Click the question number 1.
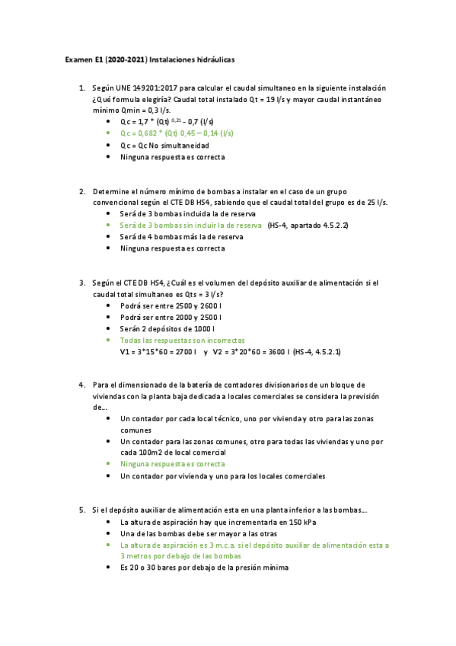82,88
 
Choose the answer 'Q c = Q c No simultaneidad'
164,145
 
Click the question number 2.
82,190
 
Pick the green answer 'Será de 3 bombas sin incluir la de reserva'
190,225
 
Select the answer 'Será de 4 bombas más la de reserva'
181,237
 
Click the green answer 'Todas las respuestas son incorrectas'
183,341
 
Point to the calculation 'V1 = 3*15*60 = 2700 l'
158,352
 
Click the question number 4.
82,385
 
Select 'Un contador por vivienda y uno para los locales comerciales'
222,476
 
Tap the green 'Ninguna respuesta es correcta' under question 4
172,464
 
